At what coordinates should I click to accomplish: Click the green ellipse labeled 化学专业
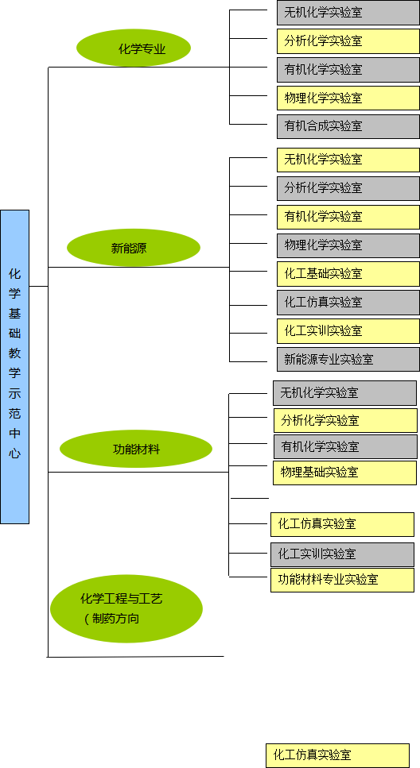pyautogui.click(x=134, y=48)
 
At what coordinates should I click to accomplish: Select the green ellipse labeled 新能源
pyautogui.click(x=134, y=247)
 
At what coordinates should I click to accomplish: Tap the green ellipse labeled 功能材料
pyautogui.click(x=136, y=449)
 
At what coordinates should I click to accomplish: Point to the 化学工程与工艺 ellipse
pyautogui.click(x=126, y=608)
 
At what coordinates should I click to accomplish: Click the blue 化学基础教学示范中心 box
pyautogui.click(x=15, y=367)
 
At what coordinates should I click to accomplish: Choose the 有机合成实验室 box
pyautogui.click(x=348, y=126)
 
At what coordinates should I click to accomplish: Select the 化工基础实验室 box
pyautogui.click(x=348, y=274)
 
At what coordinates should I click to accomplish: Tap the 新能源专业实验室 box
pyautogui.click(x=348, y=360)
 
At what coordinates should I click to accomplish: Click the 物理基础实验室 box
pyautogui.click(x=345, y=473)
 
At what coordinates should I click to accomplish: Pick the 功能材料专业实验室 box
pyautogui.click(x=343, y=580)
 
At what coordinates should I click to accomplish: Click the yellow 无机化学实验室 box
pyautogui.click(x=348, y=160)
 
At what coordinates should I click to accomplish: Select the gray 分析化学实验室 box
pyautogui.click(x=348, y=188)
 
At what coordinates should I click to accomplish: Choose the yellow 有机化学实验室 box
pyautogui.click(x=348, y=217)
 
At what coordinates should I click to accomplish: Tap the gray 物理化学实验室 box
pyautogui.click(x=348, y=245)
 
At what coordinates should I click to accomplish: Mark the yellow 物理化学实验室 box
pyautogui.click(x=348, y=98)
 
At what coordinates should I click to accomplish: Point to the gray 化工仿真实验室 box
pyautogui.click(x=348, y=303)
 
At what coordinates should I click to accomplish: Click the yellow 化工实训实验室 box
pyautogui.click(x=348, y=331)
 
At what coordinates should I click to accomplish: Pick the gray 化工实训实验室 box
pyautogui.click(x=343, y=554)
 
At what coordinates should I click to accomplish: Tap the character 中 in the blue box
pyautogui.click(x=15, y=434)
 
